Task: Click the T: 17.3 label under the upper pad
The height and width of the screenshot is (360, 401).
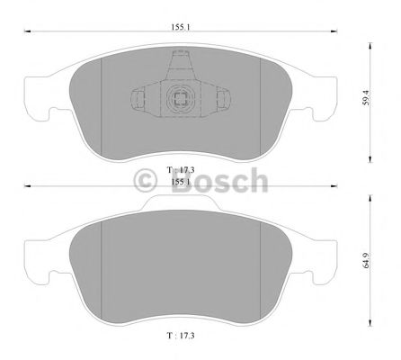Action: (x=182, y=168)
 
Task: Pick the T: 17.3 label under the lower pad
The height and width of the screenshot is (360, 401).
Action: (x=182, y=334)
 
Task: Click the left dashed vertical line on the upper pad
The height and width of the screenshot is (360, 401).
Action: (x=102, y=99)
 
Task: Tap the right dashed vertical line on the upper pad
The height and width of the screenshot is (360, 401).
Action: (x=260, y=99)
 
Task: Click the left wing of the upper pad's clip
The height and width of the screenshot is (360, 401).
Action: (x=141, y=100)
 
